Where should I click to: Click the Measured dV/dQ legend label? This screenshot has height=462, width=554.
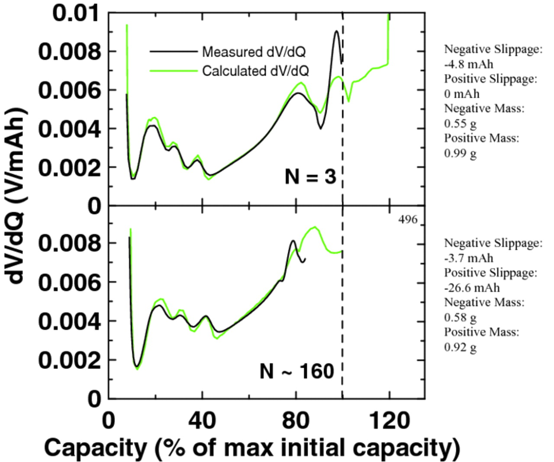coord(254,52)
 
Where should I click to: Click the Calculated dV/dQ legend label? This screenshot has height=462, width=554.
coord(255,71)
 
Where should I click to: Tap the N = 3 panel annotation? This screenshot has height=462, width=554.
coord(310,176)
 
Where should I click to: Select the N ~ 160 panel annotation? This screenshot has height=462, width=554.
coord(297,371)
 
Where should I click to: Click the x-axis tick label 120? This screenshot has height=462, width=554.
coord(389,421)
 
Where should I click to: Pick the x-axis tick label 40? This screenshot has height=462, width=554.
coord(202,421)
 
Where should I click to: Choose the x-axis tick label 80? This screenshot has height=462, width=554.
coord(296,421)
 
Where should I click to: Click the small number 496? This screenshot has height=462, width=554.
coord(408,220)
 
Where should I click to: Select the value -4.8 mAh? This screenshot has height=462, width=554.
coord(469,64)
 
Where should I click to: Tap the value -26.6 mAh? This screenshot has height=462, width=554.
coord(472,288)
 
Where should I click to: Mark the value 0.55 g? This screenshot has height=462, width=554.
coord(461,123)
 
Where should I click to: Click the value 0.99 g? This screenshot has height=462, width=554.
coord(461,153)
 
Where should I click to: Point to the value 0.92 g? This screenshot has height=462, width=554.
coord(461,347)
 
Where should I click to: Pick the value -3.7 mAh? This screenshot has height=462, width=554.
coord(469,258)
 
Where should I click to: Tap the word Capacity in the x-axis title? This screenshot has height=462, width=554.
coord(96,448)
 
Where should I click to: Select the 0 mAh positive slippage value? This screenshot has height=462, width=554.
coord(462,94)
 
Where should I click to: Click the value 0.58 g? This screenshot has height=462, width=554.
coord(461,318)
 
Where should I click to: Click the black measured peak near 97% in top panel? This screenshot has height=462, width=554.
coord(336,31)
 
